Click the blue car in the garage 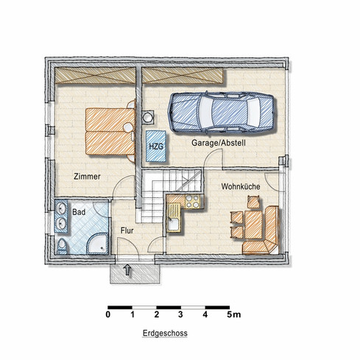point(221,113)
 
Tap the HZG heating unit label point(156,147)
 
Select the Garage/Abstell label point(219,143)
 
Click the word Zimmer point(87,177)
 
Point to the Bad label point(79,212)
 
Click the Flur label point(127,230)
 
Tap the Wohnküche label point(241,186)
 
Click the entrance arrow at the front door point(127,269)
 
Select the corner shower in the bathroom point(97,244)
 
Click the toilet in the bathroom point(62,246)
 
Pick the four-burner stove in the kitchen point(193,202)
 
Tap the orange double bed point(110,132)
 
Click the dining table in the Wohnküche point(253,225)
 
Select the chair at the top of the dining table point(253,202)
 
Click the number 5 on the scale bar point(230,314)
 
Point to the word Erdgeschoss point(165,333)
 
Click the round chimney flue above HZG point(148,117)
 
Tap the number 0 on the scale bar point(108,314)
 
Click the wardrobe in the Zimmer point(95,75)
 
